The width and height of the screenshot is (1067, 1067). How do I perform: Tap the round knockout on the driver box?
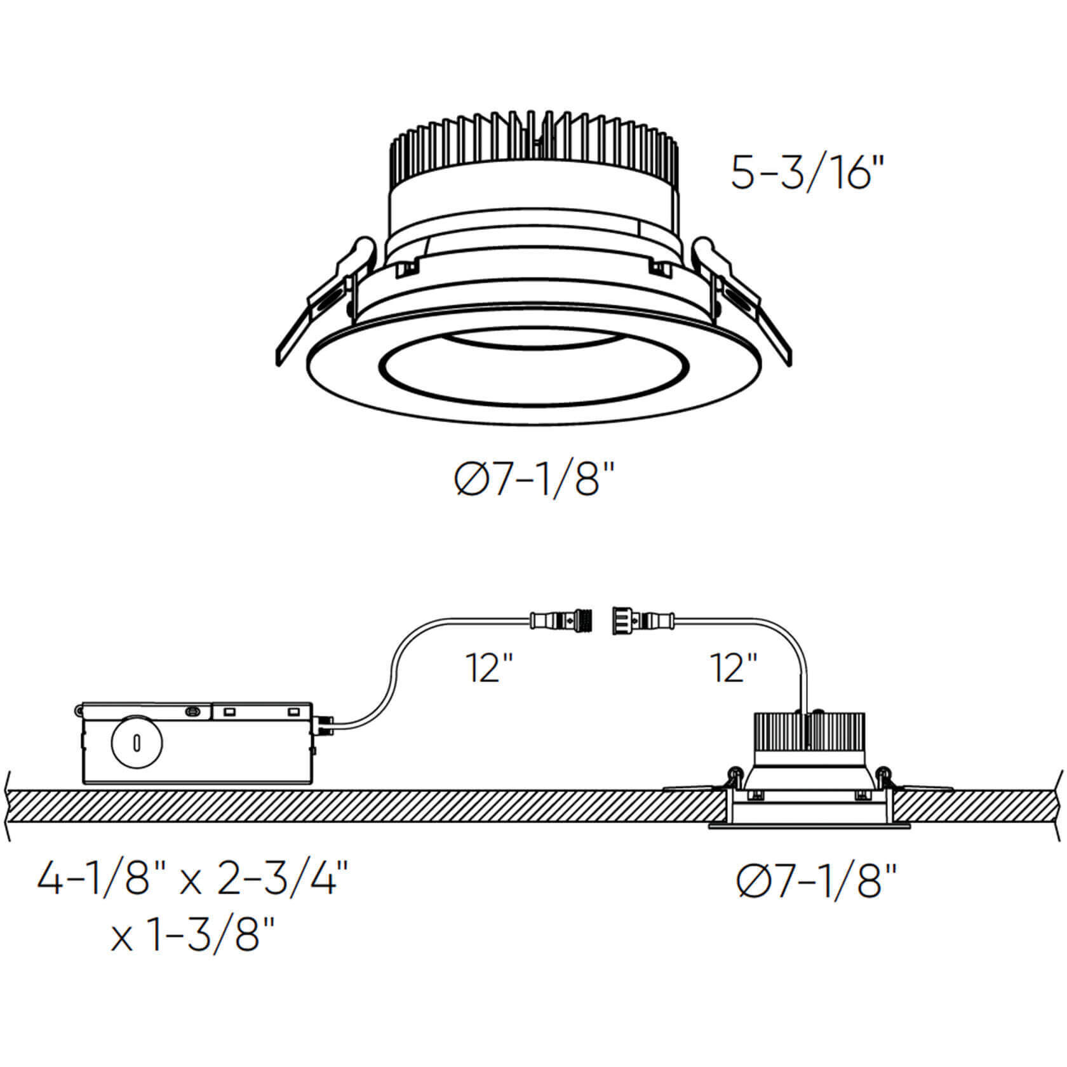pyautogui.click(x=137, y=741)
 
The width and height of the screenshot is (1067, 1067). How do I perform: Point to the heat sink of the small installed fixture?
pyautogui.click(x=809, y=730)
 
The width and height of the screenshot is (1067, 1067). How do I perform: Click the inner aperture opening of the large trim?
pyautogui.click(x=533, y=375)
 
